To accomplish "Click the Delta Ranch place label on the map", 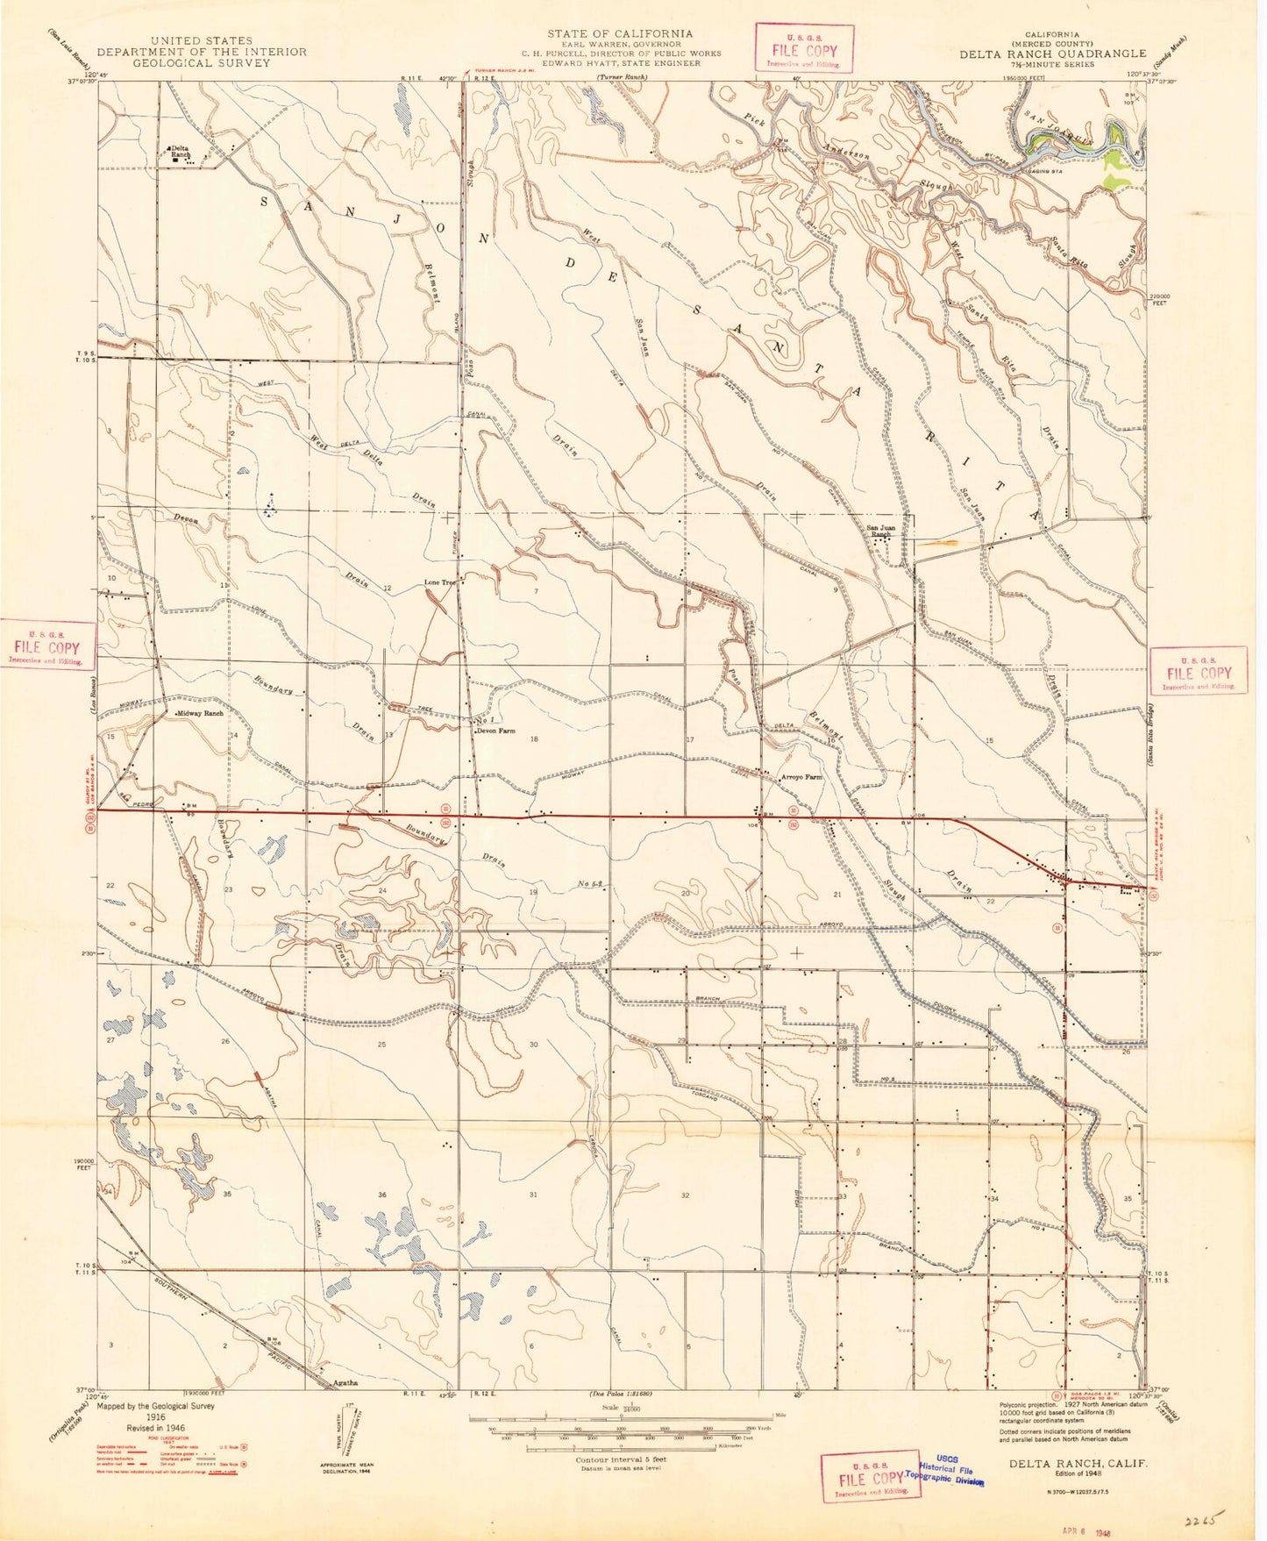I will click(180, 151).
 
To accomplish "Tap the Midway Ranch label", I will click(200, 714).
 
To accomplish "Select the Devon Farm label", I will click(495, 731).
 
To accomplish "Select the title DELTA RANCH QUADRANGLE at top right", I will click(1052, 54).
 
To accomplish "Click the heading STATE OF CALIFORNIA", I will click(619, 33).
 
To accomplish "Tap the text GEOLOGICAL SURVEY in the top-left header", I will click(202, 63).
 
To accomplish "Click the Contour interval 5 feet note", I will click(621, 1459).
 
